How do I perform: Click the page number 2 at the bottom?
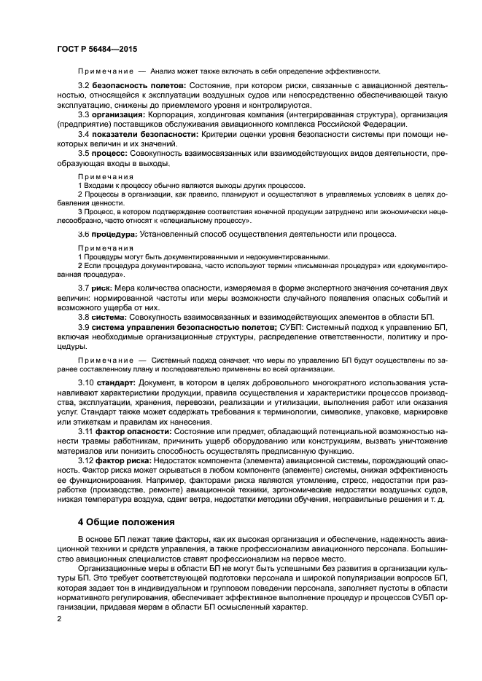coord(59,618)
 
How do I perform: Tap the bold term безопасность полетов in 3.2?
coord(139,86)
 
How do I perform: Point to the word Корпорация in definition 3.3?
coord(174,114)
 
